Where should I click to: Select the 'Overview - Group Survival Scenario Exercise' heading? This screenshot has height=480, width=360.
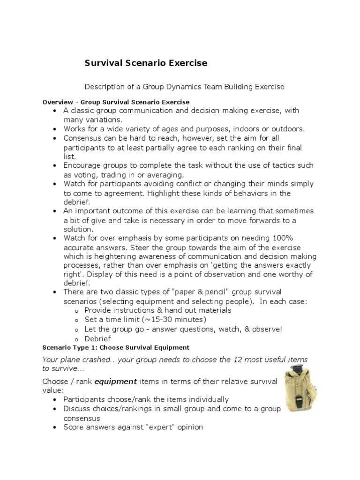pos(116,102)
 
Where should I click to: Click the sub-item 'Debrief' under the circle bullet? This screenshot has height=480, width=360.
pos(97,338)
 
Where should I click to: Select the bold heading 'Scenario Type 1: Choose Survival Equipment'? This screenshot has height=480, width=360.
pos(116,347)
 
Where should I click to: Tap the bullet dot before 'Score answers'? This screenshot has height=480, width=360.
pos(55,427)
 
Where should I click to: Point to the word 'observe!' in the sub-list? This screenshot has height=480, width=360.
pos(267,329)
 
